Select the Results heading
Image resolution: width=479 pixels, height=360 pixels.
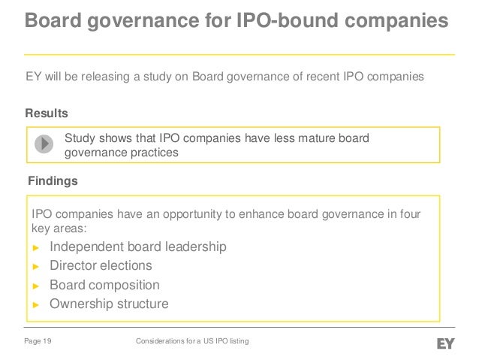coord(47,113)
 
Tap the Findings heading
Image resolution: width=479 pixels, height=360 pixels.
coord(52,181)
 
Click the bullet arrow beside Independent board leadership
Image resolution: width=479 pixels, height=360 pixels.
coord(35,247)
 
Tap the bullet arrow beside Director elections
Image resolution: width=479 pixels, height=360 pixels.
coord(35,266)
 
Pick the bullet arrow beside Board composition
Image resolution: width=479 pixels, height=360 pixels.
coord(35,286)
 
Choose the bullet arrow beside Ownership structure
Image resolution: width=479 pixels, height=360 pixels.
coord(35,304)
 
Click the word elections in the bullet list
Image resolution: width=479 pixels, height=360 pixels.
coord(127,265)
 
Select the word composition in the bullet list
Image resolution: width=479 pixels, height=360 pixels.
coord(124,286)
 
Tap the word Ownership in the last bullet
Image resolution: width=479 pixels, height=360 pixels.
coord(80,304)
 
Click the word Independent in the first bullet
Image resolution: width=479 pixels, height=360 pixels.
coord(86,247)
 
